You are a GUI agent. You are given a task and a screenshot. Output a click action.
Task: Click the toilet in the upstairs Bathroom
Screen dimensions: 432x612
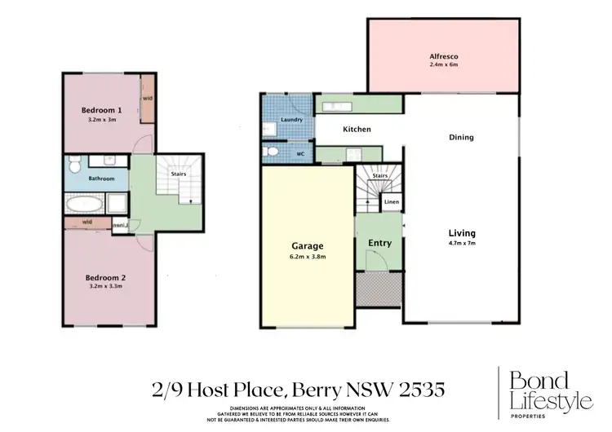tap(73, 168)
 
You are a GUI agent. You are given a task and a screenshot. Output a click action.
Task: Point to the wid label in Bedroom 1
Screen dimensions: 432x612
tap(148, 99)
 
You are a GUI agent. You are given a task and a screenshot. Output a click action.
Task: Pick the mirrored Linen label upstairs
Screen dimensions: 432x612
tap(118, 227)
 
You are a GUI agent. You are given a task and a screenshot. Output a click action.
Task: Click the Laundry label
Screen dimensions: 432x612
tap(291, 120)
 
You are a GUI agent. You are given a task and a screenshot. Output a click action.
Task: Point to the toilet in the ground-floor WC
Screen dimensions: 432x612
tap(273, 152)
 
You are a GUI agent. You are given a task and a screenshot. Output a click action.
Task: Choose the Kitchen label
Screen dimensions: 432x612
tap(357, 129)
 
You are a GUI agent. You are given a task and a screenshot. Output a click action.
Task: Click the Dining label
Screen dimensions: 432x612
tap(461, 138)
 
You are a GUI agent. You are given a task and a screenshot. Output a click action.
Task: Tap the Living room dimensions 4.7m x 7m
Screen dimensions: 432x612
tap(461, 243)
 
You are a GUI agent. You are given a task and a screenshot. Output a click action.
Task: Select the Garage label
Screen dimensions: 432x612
tap(308, 245)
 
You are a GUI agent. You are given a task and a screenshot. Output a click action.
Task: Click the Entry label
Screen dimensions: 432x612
tap(379, 243)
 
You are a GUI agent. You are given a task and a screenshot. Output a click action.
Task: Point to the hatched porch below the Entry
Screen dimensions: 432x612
tap(379, 286)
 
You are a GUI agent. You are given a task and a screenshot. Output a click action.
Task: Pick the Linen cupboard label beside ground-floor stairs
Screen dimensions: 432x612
tap(392, 201)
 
